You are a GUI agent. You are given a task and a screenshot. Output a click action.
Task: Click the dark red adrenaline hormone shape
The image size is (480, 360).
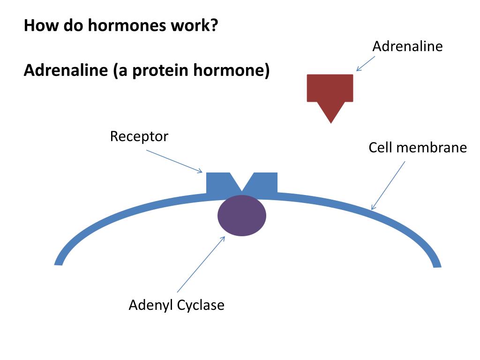330,91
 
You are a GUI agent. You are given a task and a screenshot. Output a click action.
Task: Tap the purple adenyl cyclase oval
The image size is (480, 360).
242,216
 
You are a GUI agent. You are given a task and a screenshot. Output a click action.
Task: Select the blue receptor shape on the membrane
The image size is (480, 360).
218,183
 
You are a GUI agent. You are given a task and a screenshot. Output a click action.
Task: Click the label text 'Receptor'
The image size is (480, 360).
139,137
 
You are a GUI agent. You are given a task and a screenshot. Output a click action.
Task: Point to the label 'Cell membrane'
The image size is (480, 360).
418,148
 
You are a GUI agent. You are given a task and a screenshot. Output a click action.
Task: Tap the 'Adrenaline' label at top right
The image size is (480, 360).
407,46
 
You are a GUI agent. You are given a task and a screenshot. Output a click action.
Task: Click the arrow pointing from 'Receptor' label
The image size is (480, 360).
174,161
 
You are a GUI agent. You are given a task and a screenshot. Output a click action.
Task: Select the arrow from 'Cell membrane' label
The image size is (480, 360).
388,186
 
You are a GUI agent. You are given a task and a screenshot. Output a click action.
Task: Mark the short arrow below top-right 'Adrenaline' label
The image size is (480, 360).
366,64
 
